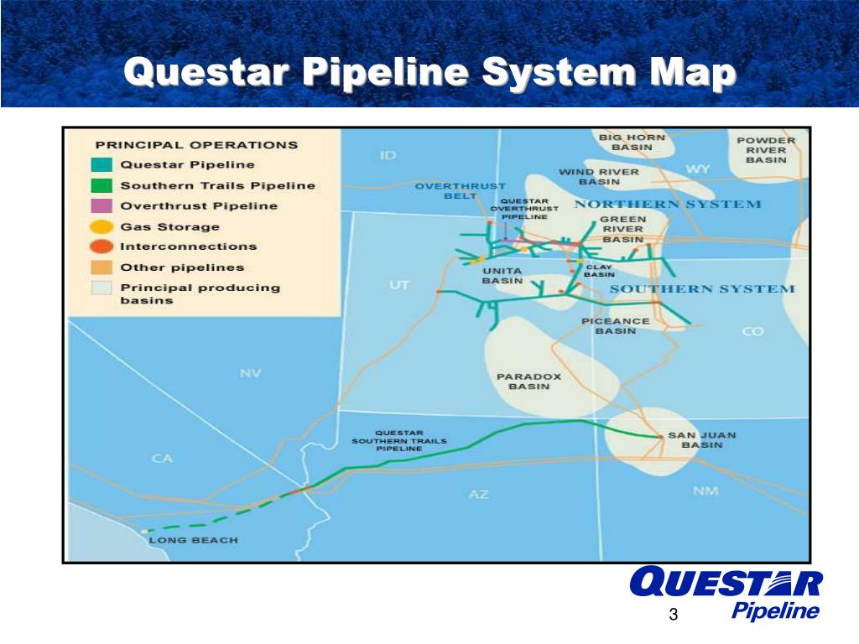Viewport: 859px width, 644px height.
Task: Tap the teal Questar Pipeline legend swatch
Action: [102, 165]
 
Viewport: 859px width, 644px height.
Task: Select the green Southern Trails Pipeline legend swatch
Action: [102, 185]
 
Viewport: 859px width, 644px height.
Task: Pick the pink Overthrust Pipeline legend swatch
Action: [102, 205]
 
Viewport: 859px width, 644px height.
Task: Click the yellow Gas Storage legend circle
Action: [102, 226]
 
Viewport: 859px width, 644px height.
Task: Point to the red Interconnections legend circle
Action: [102, 247]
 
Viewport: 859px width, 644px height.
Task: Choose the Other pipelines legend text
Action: [182, 267]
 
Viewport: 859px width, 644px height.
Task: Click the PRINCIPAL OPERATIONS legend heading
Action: [196, 144]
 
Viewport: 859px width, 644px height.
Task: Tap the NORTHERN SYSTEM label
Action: [668, 204]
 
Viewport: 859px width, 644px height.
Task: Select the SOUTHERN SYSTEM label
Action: [701, 288]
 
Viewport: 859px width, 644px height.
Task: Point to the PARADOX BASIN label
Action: [528, 382]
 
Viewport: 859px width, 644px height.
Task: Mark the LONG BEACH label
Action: [193, 540]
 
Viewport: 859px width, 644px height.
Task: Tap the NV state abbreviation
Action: [251, 373]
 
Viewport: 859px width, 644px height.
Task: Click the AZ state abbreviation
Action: [478, 495]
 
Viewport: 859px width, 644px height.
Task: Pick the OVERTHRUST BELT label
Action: [461, 190]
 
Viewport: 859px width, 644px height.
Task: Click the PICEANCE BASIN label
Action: [616, 325]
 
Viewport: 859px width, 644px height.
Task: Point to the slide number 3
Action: [673, 617]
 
